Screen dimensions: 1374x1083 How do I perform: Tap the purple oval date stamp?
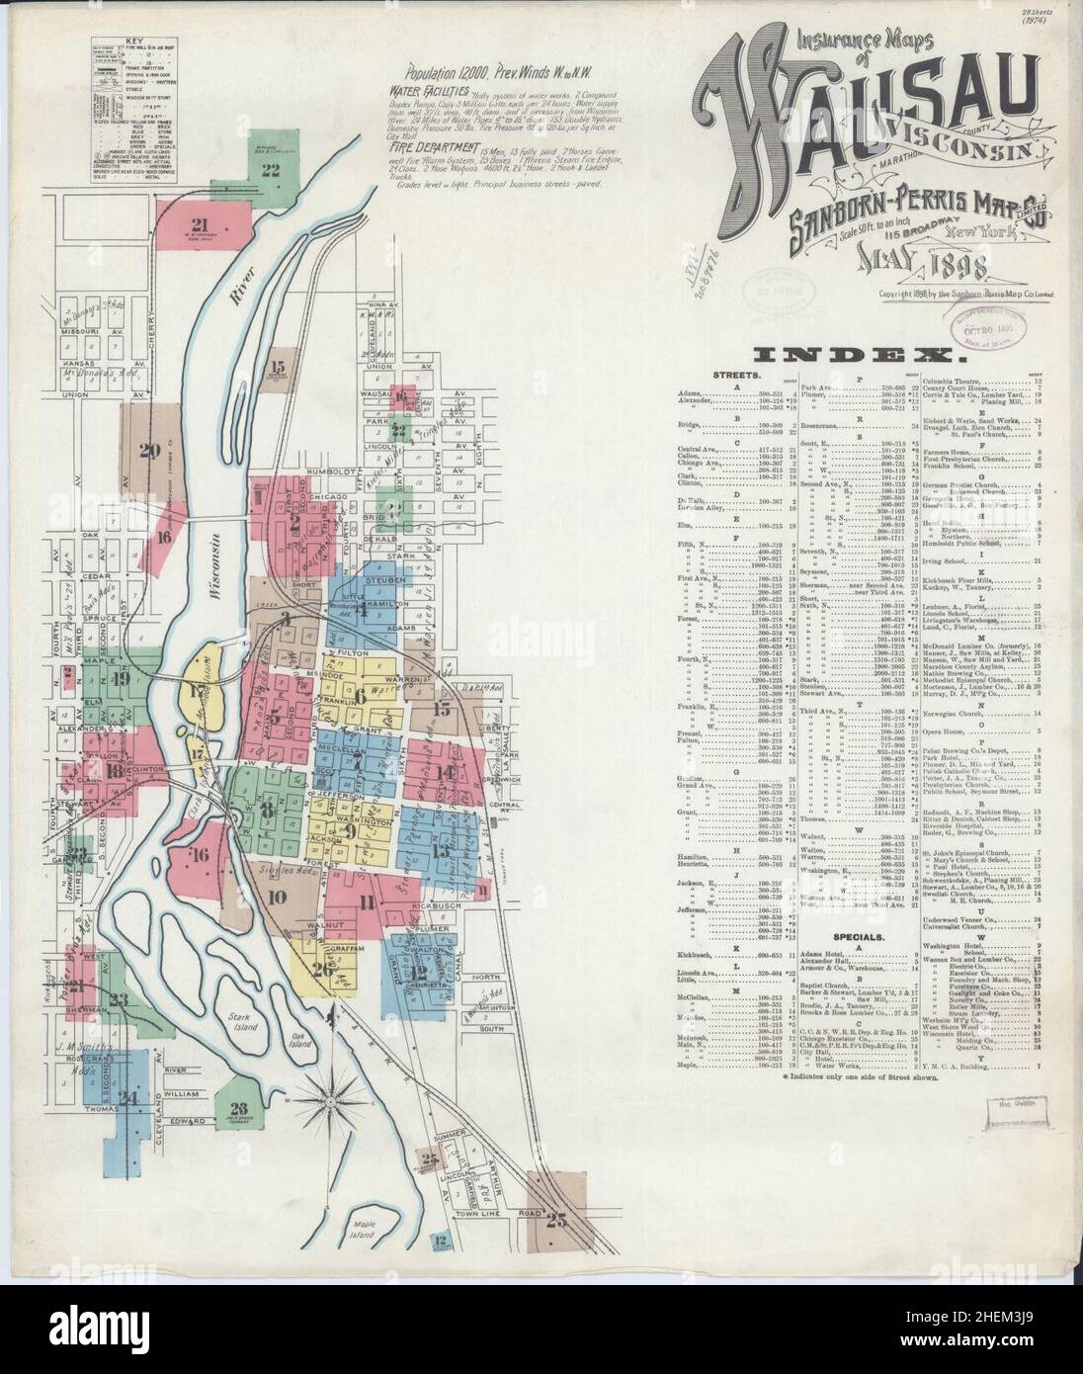(983, 322)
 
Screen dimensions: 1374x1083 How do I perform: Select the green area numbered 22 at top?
(270, 168)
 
